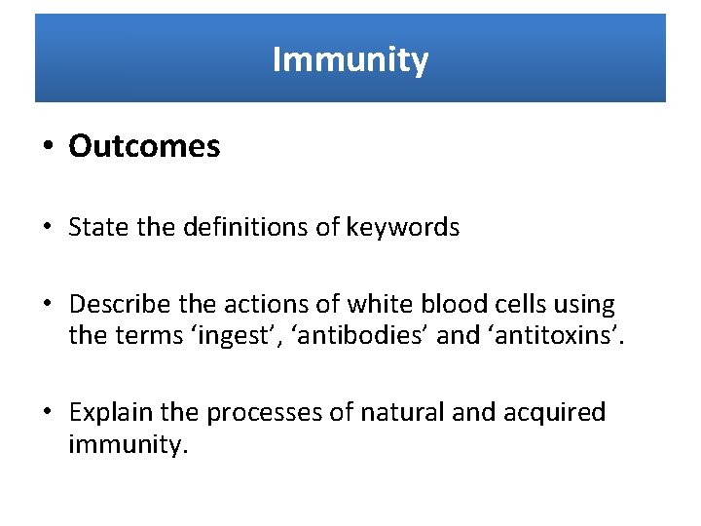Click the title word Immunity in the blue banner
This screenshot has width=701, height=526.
tap(350, 59)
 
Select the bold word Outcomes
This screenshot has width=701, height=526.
tap(144, 147)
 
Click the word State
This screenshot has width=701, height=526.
tap(94, 227)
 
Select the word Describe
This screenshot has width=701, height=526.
tap(114, 306)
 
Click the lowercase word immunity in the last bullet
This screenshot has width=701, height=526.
tap(126, 445)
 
